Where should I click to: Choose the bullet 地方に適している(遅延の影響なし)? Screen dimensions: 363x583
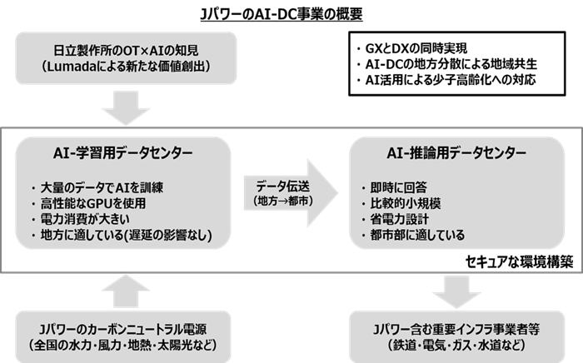tap(121, 236)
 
